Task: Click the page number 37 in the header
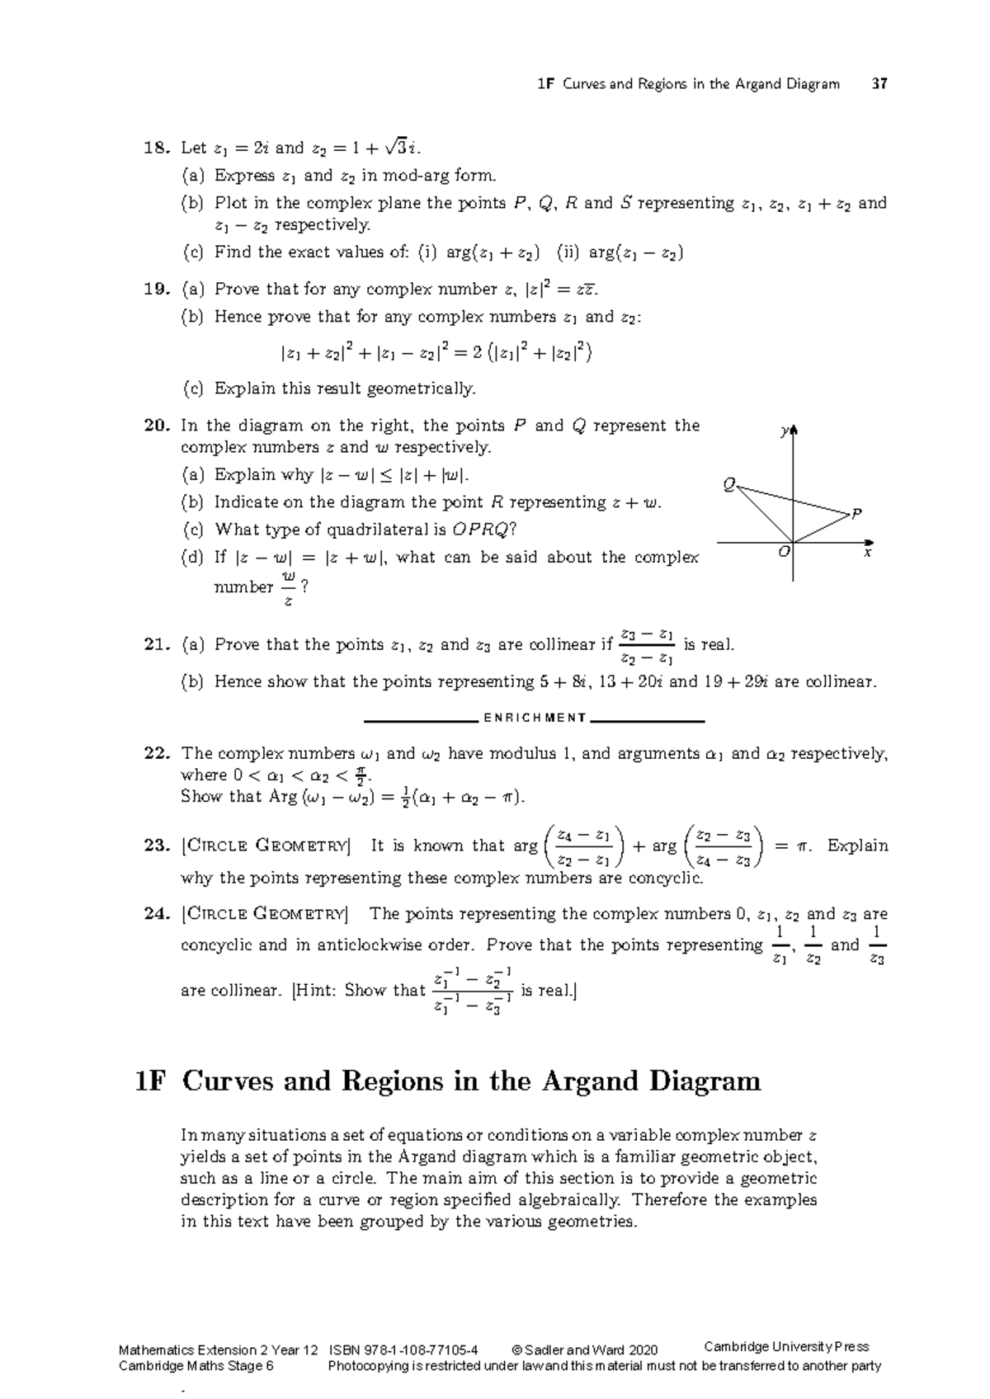879,83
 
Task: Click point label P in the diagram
856,513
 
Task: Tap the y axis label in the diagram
785,431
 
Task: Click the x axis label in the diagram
867,553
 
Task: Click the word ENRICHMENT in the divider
535,718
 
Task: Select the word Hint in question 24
316,990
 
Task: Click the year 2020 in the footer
643,1350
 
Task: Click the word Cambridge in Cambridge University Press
736,1347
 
